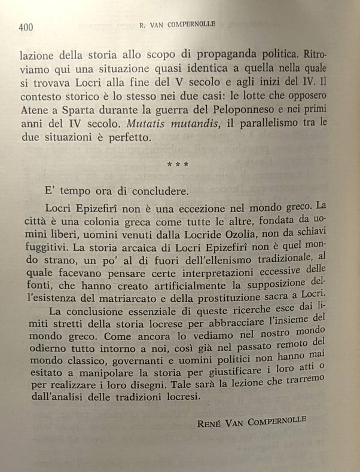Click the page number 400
[x=26, y=26]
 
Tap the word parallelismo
[x=274, y=122]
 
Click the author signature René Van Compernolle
[x=252, y=423]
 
